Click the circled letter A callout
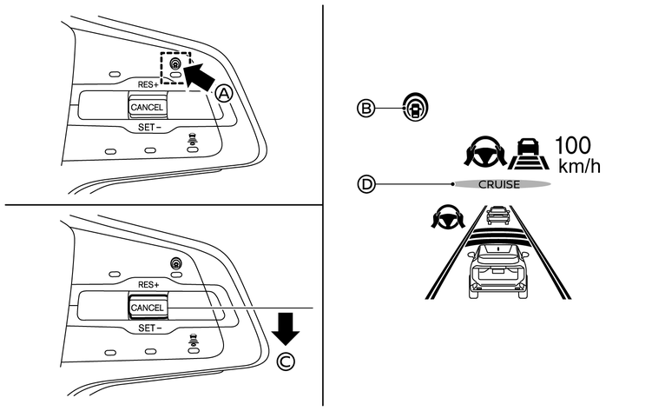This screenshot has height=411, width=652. [224, 95]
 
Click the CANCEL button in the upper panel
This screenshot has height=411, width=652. [146, 106]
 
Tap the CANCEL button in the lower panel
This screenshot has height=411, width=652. [146, 308]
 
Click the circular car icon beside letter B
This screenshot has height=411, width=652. [414, 108]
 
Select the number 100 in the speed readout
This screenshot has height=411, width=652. [576, 144]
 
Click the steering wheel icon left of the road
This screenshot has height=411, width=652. [445, 219]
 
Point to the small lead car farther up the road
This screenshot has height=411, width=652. [497, 214]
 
